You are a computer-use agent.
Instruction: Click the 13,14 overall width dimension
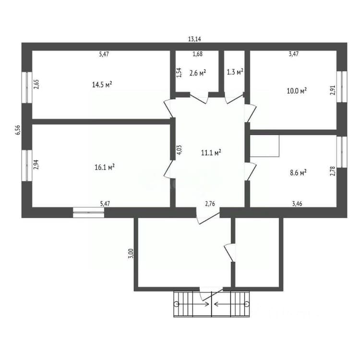(194, 39)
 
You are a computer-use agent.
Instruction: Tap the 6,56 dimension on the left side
(18, 130)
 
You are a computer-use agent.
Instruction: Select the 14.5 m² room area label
(102, 84)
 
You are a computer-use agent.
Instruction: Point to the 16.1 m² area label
(105, 167)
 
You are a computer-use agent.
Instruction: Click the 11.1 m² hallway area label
(211, 153)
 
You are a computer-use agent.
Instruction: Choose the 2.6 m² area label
(197, 73)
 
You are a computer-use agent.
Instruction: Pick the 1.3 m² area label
(235, 72)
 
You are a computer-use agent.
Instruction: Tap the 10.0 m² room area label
(297, 91)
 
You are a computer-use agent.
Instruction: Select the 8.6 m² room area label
(298, 172)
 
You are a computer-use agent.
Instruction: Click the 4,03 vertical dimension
(180, 150)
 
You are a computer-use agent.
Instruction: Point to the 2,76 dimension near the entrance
(210, 204)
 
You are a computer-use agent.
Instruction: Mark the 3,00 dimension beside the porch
(131, 253)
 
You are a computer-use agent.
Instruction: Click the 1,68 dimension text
(197, 54)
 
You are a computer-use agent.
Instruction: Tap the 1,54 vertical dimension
(180, 72)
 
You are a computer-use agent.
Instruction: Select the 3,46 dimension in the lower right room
(297, 204)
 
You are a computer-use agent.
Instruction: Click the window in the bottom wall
(89, 212)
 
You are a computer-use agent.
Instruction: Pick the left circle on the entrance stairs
(176, 304)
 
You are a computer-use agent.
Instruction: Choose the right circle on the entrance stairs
(247, 304)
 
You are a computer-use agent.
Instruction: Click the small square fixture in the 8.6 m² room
(264, 146)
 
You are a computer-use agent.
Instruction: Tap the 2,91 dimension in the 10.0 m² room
(333, 90)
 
